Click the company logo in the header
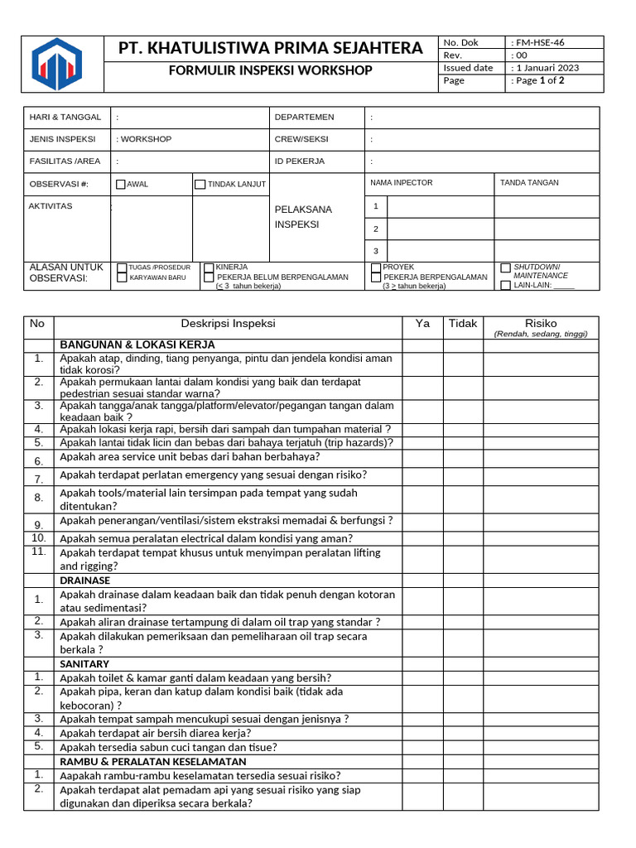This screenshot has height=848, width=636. click(57, 64)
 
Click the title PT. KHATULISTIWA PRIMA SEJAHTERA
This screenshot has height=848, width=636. click(271, 48)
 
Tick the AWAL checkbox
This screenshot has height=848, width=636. click(121, 185)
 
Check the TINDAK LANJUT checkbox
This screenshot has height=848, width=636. click(200, 185)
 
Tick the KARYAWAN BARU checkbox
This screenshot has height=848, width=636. click(123, 278)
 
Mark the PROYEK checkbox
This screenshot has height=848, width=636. click(376, 267)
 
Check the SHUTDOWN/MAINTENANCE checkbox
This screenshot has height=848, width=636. click(505, 268)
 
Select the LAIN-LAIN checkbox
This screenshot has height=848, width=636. click(505, 285)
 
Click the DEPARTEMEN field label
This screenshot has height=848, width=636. click(304, 118)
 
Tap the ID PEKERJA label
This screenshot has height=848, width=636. click(299, 161)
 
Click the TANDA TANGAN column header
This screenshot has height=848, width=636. click(529, 183)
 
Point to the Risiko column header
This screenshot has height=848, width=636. click(541, 324)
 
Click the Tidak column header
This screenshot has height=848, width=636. click(463, 324)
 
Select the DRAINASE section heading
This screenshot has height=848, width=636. click(85, 581)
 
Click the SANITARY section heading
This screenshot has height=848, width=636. click(84, 664)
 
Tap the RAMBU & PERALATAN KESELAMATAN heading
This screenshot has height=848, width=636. click(153, 761)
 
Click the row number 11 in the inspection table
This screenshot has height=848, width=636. click(38, 551)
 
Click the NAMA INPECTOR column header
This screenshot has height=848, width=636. click(401, 183)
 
